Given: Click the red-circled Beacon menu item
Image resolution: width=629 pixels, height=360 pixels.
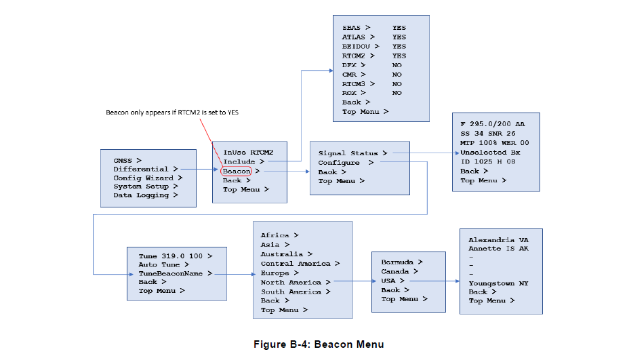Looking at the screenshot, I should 237,172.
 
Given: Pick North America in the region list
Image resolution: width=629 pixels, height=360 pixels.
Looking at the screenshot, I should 295,282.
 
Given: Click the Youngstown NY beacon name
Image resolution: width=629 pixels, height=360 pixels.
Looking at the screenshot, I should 498,283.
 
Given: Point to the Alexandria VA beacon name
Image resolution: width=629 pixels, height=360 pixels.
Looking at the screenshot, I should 498,240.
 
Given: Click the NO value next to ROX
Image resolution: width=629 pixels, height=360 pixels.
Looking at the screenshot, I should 397,93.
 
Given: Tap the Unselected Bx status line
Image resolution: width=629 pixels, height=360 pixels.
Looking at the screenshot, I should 490,153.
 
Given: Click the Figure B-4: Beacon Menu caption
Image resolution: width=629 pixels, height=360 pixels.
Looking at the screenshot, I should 319,344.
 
